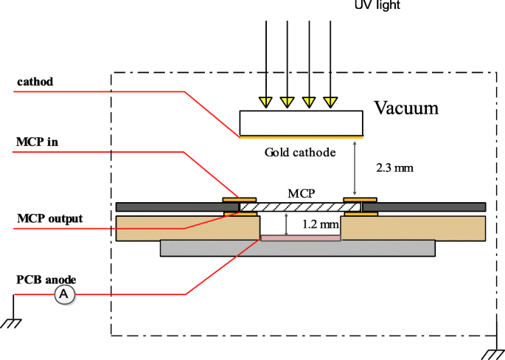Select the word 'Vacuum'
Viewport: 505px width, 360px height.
tap(406, 108)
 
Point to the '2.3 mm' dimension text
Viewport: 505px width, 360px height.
tap(394, 167)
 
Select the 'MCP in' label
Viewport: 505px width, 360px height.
tap(37, 142)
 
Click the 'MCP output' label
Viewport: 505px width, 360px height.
tap(50, 218)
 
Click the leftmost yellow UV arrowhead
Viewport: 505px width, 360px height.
tap(265, 100)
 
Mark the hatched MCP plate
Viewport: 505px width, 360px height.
tap(300, 207)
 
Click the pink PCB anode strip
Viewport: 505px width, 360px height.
tap(301, 238)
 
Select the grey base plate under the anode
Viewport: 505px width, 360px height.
tap(296, 249)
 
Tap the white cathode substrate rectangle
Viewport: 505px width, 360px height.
tap(301, 122)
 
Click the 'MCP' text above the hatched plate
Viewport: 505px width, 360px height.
tap(302, 193)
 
